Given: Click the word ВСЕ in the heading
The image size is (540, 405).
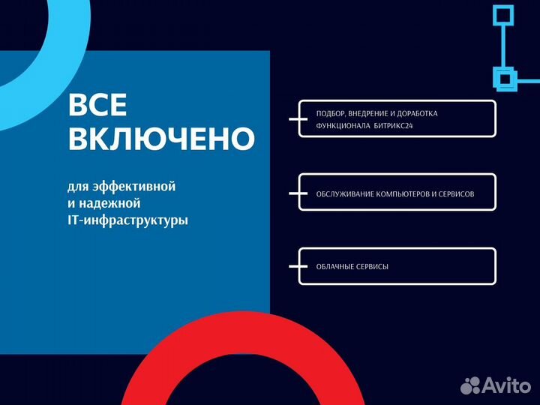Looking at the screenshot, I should click(97, 106).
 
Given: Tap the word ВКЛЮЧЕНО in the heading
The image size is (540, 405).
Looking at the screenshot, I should click(161, 139).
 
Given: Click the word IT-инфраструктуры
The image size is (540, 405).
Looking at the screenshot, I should click(127, 221).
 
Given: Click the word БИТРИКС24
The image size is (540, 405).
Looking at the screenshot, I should click(393, 126).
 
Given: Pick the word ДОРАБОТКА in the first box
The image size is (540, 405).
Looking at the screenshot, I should click(414, 113).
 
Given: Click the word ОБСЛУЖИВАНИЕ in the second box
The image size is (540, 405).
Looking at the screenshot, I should click(347, 193).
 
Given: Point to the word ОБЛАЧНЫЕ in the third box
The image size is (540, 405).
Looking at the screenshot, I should click(336, 266).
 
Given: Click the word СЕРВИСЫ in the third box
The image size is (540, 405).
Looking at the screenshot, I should click(373, 266).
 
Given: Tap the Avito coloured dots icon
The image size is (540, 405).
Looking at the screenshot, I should click(470, 385).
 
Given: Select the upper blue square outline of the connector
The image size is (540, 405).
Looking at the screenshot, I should click(502, 15).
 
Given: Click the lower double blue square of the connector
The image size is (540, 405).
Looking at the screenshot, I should click(504, 76).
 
